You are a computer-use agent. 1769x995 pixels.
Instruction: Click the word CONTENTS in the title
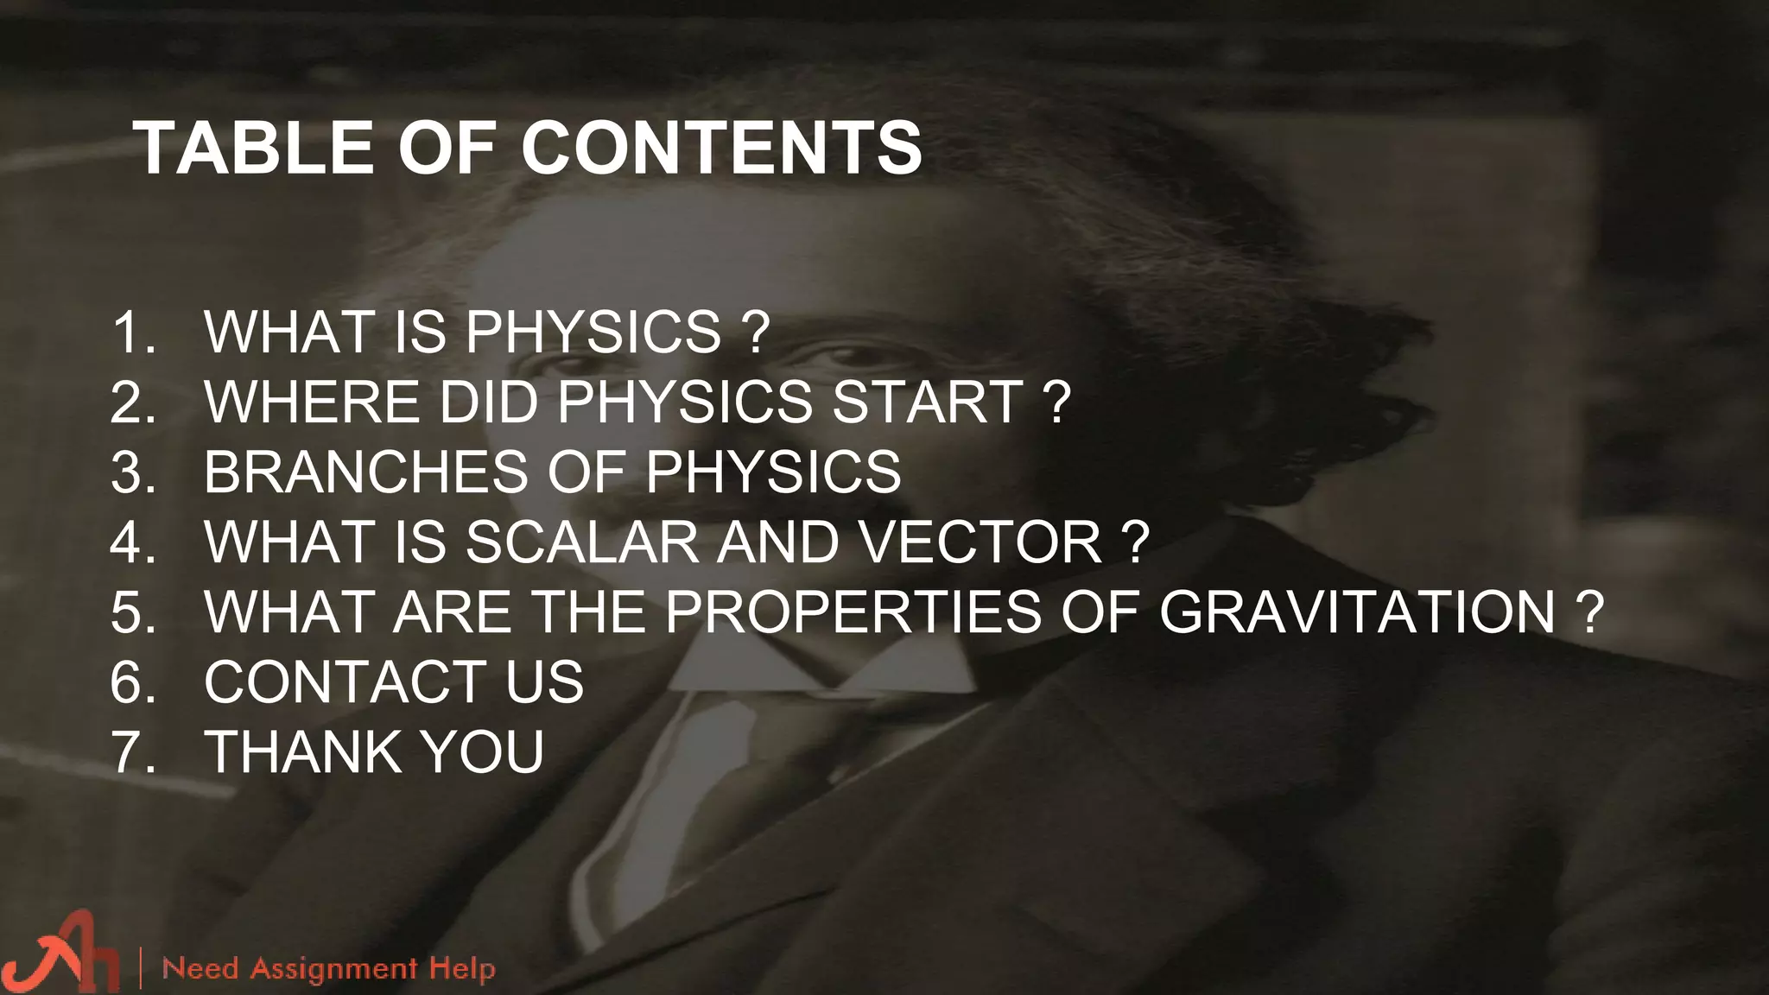[722, 148]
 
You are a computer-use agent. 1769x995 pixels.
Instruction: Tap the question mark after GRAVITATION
[1589, 612]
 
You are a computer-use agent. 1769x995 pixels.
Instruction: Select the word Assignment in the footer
[333, 969]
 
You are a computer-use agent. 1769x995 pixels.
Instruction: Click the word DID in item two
[489, 402]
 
